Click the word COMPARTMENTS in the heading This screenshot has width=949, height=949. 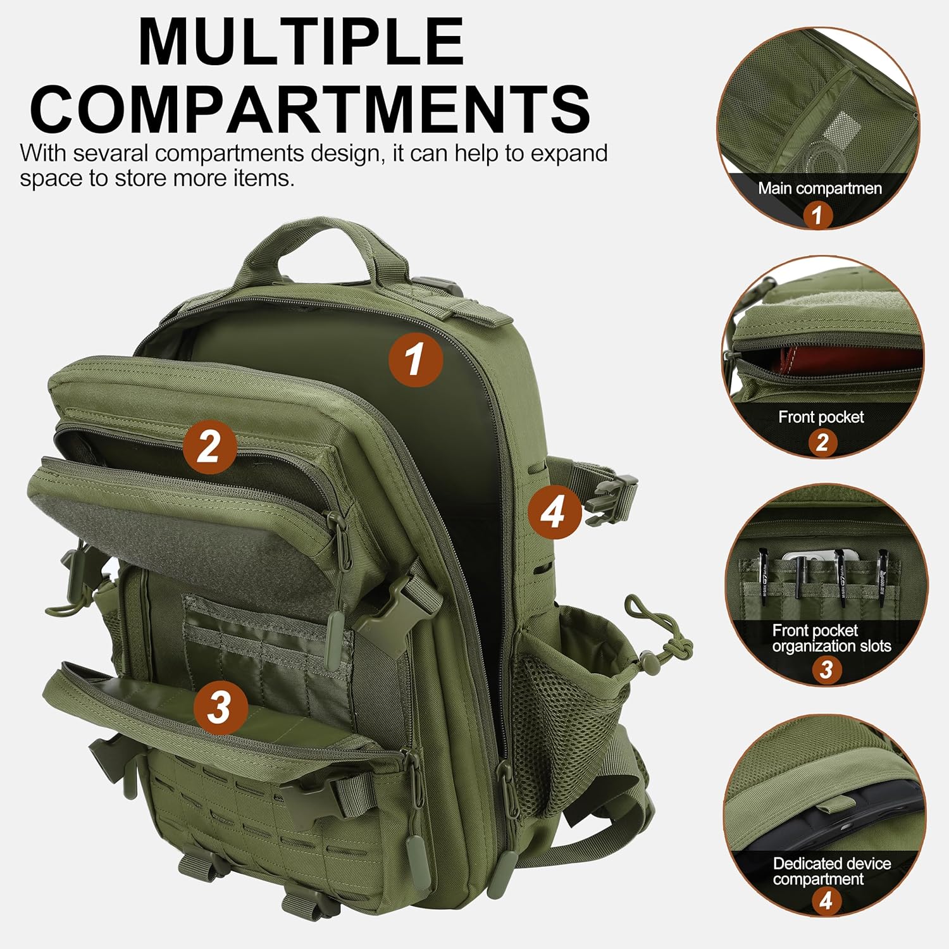[310, 108]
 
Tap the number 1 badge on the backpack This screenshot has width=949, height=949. [416, 359]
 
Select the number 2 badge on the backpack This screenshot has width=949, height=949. [209, 447]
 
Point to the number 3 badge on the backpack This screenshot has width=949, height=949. [220, 707]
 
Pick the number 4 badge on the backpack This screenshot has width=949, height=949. [555, 512]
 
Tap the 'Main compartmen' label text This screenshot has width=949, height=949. [820, 189]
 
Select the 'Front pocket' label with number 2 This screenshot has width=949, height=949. [821, 417]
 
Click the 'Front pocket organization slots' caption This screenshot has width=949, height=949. [831, 638]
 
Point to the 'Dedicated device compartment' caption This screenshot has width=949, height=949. [831, 871]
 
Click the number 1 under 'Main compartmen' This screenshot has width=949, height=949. [817, 215]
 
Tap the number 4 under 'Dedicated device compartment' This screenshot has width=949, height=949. [826, 900]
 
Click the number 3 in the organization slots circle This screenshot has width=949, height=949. [826, 669]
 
